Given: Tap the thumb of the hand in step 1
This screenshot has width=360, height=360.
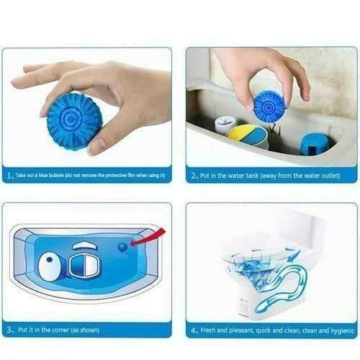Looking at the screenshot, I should point(98,133).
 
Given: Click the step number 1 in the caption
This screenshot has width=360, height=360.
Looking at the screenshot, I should point(8,176).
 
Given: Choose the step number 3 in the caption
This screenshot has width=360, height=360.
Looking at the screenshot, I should point(8,331).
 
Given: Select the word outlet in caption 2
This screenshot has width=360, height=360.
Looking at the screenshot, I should point(321,176).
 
